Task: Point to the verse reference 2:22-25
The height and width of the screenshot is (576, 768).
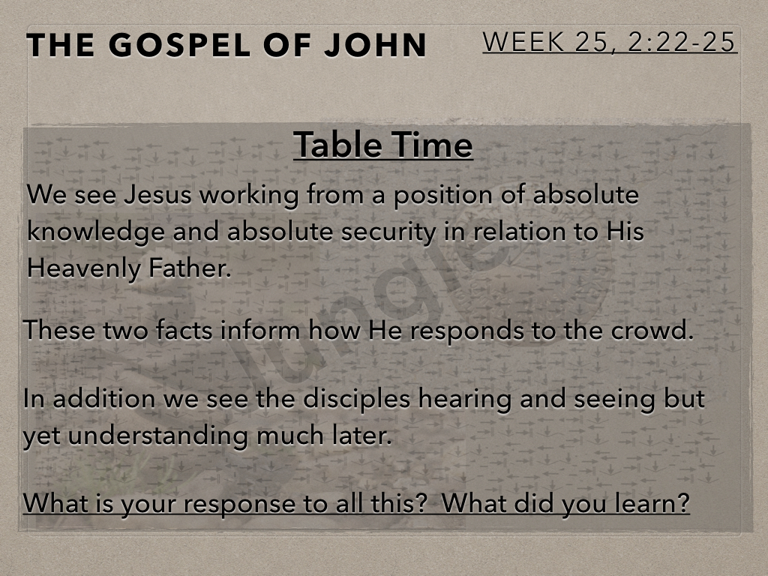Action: [681, 42]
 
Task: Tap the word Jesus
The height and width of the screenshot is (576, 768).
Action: [157, 195]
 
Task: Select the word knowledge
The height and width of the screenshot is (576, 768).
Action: [95, 232]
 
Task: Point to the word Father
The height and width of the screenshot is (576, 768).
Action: [190, 268]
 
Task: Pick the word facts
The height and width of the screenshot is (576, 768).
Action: [184, 330]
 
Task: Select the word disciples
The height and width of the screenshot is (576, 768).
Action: [356, 399]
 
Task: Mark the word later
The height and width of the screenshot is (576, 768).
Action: [362, 436]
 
